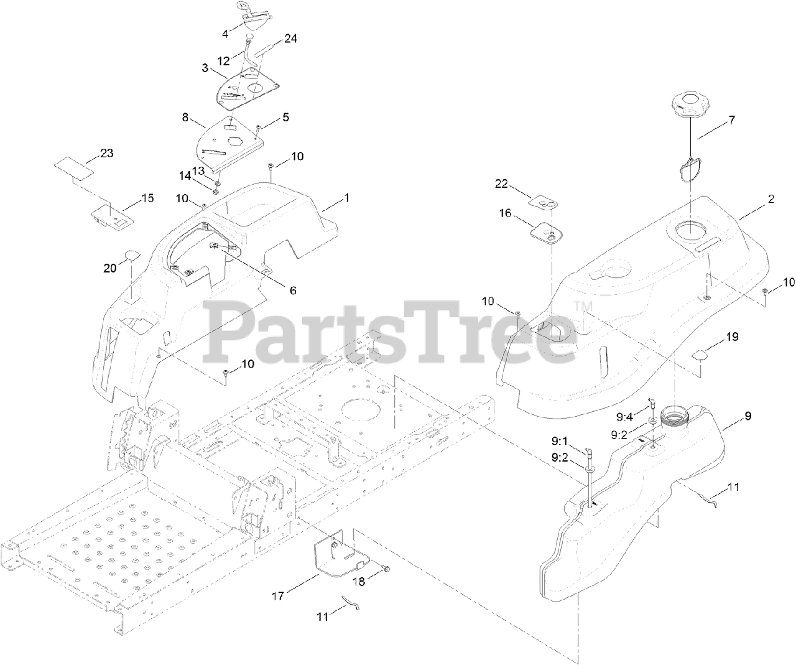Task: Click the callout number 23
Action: pos(107,153)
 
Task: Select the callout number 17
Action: pos(278,596)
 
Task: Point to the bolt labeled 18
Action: pos(383,568)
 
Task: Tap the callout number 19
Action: pos(732,337)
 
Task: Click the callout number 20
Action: pos(110,267)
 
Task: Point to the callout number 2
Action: pos(771,199)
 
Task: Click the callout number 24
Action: pos(290,39)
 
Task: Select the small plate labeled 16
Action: pos(547,233)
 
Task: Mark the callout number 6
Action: pos(292,290)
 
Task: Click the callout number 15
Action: pos(147,198)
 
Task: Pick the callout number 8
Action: pos(185,116)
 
